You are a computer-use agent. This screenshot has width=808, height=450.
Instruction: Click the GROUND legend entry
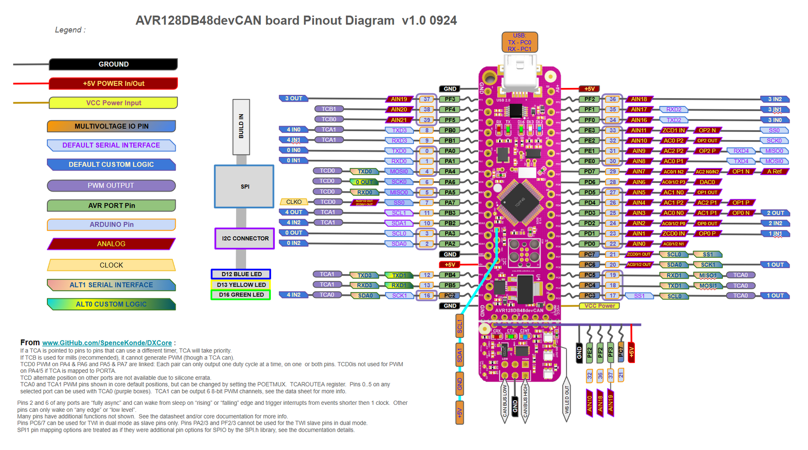tap(113, 64)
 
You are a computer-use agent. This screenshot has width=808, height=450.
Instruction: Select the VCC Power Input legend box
tap(113, 103)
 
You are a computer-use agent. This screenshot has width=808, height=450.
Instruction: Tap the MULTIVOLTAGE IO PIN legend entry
tap(111, 126)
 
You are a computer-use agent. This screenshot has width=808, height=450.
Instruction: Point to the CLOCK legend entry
tap(111, 265)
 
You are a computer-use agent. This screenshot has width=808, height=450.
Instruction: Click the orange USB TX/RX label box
tap(519, 42)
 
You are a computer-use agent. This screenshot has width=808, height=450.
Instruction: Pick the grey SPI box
tap(245, 187)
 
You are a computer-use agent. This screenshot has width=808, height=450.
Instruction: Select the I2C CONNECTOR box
tap(245, 238)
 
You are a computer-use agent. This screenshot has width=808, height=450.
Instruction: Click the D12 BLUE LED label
tap(241, 274)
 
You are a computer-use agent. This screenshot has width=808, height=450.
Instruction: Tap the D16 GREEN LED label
tap(241, 295)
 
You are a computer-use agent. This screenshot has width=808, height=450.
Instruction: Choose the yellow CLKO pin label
tap(294, 202)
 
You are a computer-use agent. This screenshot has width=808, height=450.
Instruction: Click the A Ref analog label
tap(774, 171)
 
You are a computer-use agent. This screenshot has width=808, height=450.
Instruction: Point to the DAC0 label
tap(707, 182)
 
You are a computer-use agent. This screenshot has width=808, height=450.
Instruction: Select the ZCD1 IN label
tap(673, 130)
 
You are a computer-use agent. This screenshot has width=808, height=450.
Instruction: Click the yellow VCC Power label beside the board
tap(599, 306)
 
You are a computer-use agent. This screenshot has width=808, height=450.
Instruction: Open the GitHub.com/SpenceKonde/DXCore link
tap(107, 343)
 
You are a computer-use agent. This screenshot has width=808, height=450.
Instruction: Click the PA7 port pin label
tap(450, 202)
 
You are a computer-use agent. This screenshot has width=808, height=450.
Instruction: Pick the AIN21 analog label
tap(399, 120)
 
